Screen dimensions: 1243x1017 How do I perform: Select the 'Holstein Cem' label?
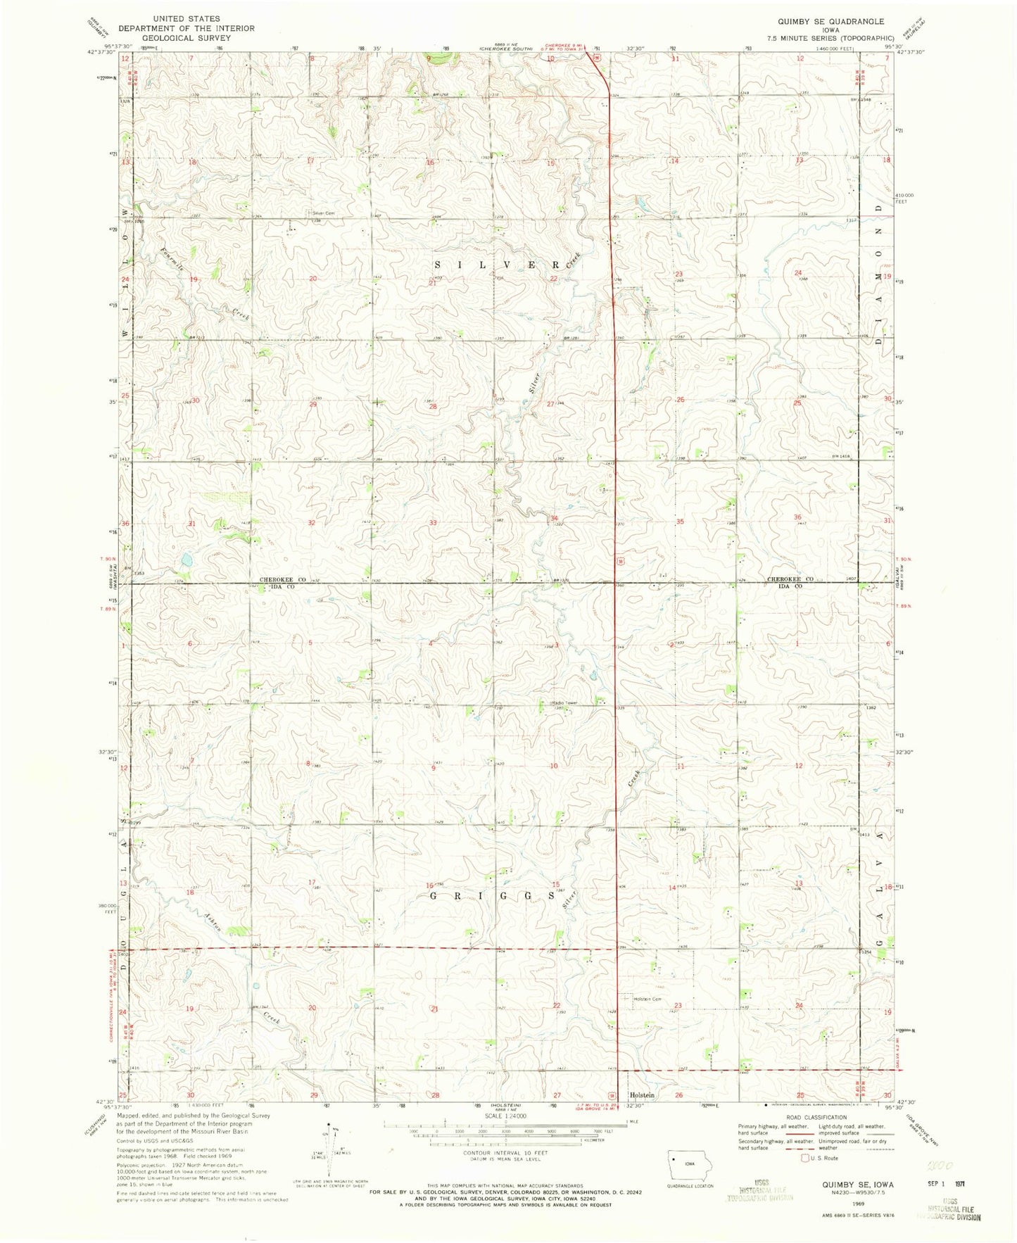click(x=648, y=999)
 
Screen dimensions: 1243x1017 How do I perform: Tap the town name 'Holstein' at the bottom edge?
click(x=642, y=1095)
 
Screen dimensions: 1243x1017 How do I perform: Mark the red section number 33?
click(x=434, y=523)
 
